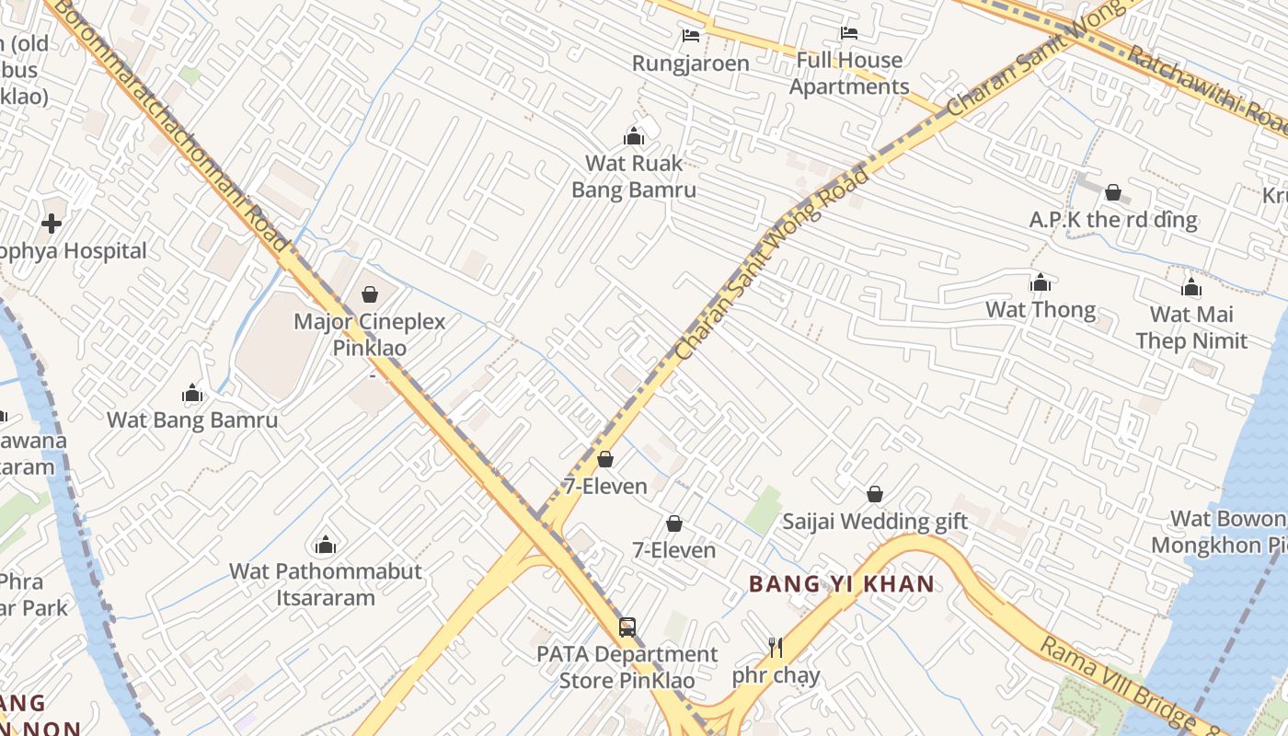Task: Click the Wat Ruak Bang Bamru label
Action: point(633,177)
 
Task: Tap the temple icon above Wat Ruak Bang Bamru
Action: point(633,137)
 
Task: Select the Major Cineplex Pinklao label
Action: point(369,335)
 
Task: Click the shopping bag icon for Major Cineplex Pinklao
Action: point(369,294)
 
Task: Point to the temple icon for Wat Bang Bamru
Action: point(192,394)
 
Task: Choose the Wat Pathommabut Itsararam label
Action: point(326,584)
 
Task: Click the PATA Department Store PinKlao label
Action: point(627,667)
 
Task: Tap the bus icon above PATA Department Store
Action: point(627,627)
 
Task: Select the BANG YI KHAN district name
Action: point(841,583)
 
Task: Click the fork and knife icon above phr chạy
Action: point(776,649)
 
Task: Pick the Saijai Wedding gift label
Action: point(874,522)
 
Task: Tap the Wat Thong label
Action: point(1041,310)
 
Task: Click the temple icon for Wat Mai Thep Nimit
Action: point(1191,288)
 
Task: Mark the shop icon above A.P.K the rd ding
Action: point(1113,192)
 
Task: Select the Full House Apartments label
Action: point(849,74)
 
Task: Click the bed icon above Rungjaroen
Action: point(690,36)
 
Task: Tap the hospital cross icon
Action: point(52,224)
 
